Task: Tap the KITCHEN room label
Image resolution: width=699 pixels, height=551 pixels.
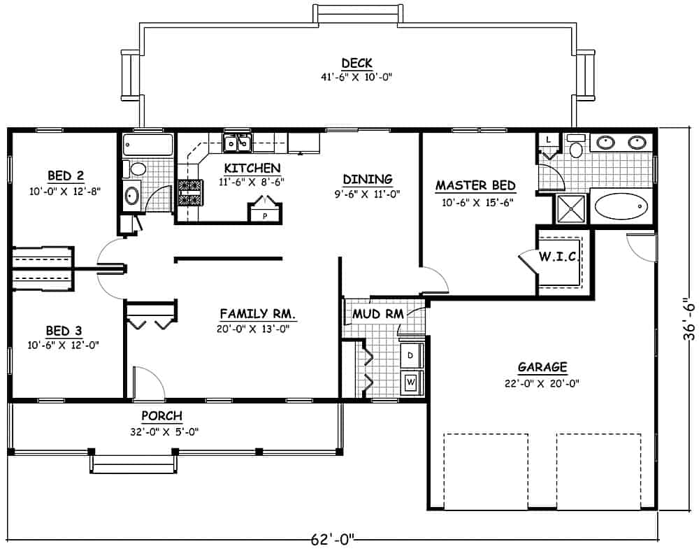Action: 252,168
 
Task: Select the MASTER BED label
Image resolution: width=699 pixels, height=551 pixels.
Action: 475,186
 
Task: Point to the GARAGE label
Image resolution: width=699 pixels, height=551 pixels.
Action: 542,367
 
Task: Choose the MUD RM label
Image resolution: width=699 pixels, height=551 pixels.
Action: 378,314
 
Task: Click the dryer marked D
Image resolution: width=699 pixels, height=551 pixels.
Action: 410,355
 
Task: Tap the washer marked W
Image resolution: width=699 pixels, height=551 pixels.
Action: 410,382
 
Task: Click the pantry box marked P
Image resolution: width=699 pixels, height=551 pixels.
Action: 265,215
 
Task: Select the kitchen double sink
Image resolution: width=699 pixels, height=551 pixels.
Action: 238,143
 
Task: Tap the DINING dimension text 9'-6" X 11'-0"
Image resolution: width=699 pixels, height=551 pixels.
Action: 367,194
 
